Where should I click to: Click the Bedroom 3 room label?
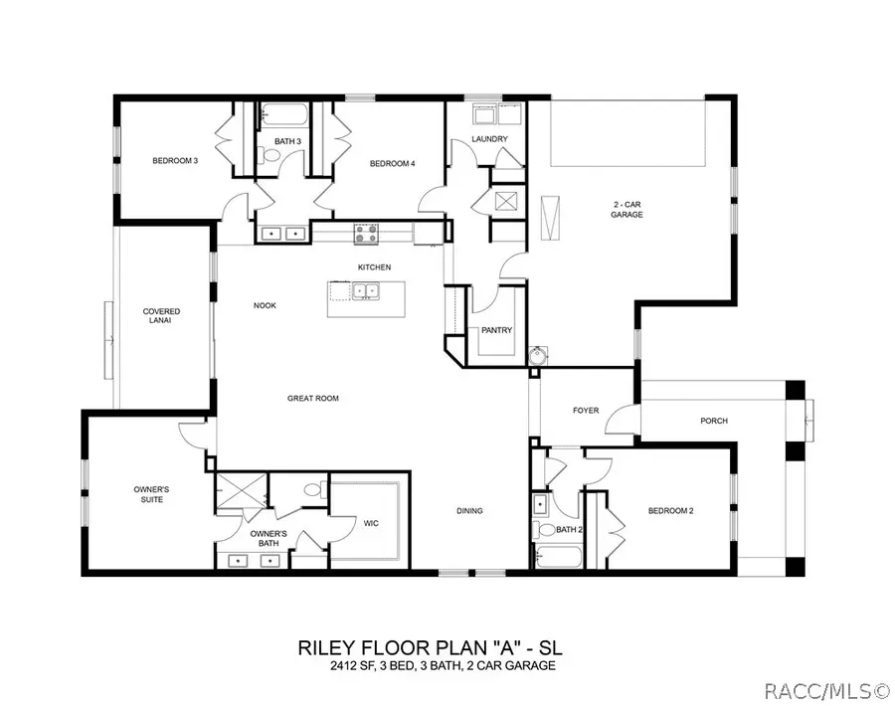click(x=174, y=160)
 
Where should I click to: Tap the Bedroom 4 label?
click(x=392, y=163)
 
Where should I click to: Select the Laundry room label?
click(x=489, y=139)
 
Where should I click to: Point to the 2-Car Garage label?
click(x=626, y=210)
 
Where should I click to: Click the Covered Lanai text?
click(x=161, y=316)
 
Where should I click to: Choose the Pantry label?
click(x=495, y=331)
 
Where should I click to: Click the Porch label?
click(x=713, y=421)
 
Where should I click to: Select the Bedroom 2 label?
click(x=670, y=511)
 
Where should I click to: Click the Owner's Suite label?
click(x=154, y=494)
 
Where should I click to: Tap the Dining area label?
click(x=469, y=511)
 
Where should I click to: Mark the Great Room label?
click(x=313, y=398)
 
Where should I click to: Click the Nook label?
click(x=264, y=305)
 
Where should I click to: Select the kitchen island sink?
click(x=365, y=292)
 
